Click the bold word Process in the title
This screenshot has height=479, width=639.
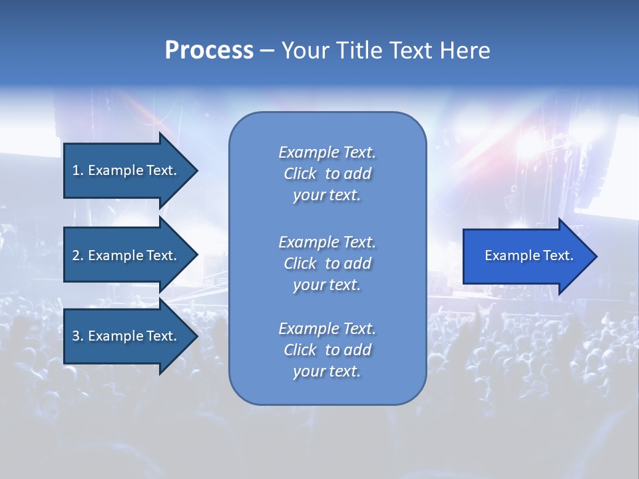point(209,51)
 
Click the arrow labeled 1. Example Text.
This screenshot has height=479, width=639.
point(126,170)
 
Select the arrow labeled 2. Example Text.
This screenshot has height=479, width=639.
point(126,255)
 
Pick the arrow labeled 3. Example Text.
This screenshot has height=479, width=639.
point(126,336)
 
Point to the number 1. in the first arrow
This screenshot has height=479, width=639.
point(78,170)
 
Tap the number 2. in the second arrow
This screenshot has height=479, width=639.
point(78,255)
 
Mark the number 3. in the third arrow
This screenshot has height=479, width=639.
point(78,336)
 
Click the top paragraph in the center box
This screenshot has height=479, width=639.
point(327,174)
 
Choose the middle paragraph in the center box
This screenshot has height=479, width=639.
point(327,263)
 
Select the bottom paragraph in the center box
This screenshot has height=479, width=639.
point(327,350)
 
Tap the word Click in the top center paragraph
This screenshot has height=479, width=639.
point(300,174)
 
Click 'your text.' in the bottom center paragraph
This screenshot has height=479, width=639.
point(327,371)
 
